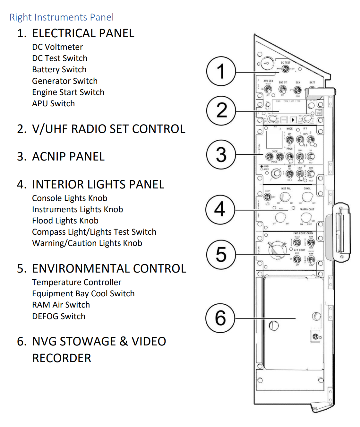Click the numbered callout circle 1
point(221,71)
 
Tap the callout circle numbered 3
point(221,154)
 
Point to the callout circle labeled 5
point(221,254)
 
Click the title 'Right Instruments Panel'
point(62,17)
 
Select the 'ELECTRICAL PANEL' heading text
point(83,33)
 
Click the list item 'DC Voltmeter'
point(57,47)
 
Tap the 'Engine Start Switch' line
point(68,92)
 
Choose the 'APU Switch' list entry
point(53,103)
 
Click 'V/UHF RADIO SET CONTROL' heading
point(108,129)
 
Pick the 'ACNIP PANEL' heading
point(68,156)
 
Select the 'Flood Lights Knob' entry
point(65,221)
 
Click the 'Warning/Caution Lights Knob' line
point(87,243)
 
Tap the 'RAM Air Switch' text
point(61,305)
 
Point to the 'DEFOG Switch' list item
point(59,316)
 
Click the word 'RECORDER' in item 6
point(62,358)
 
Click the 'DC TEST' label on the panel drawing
point(285,63)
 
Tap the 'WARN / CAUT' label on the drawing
point(307,209)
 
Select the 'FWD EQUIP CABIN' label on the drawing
point(303,233)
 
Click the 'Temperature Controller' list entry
point(77,282)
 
